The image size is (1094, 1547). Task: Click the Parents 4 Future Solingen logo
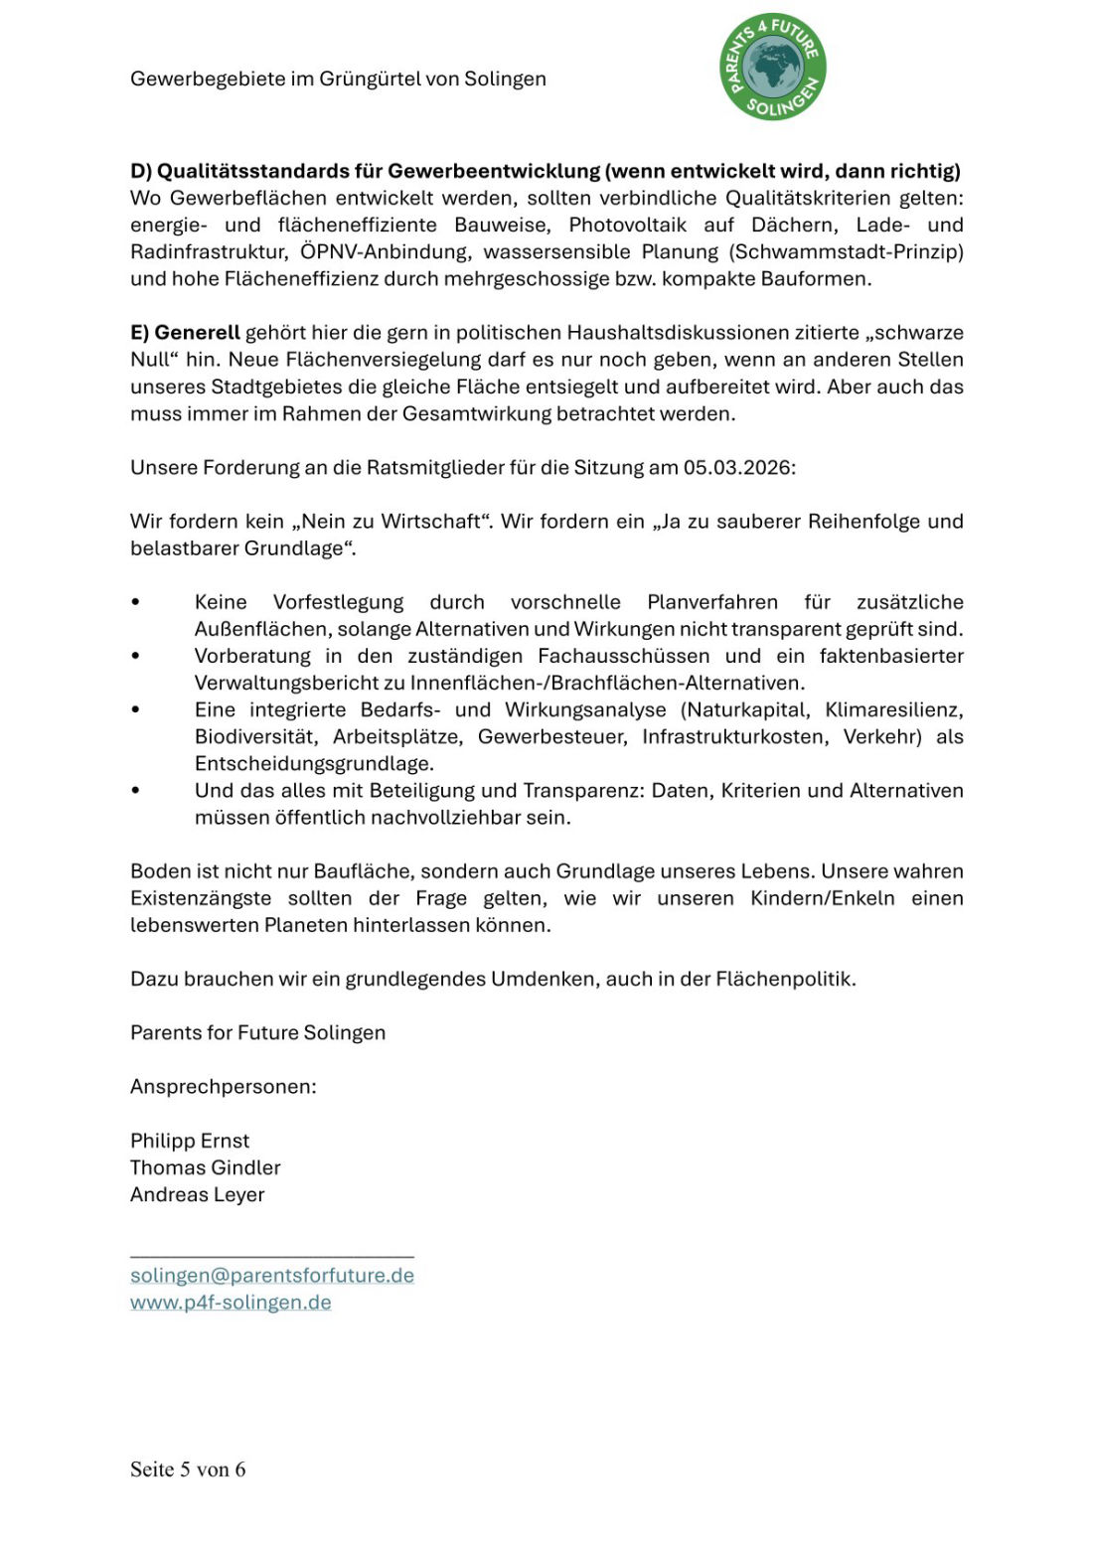(772, 68)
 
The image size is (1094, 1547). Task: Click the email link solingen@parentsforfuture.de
(271, 1275)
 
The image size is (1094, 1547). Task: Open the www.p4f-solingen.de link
(231, 1302)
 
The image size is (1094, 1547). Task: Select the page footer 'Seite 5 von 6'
(188, 1469)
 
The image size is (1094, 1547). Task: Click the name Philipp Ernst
(190, 1141)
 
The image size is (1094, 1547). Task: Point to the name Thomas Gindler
(206, 1167)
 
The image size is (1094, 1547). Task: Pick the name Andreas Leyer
(198, 1194)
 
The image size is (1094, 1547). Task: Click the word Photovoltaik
(627, 225)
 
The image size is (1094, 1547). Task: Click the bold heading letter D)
(141, 171)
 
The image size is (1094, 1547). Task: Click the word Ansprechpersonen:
(224, 1086)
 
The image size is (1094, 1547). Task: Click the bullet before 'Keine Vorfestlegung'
(135, 602)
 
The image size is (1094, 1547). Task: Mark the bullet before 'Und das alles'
(135, 791)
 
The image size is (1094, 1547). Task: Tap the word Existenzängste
(201, 898)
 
